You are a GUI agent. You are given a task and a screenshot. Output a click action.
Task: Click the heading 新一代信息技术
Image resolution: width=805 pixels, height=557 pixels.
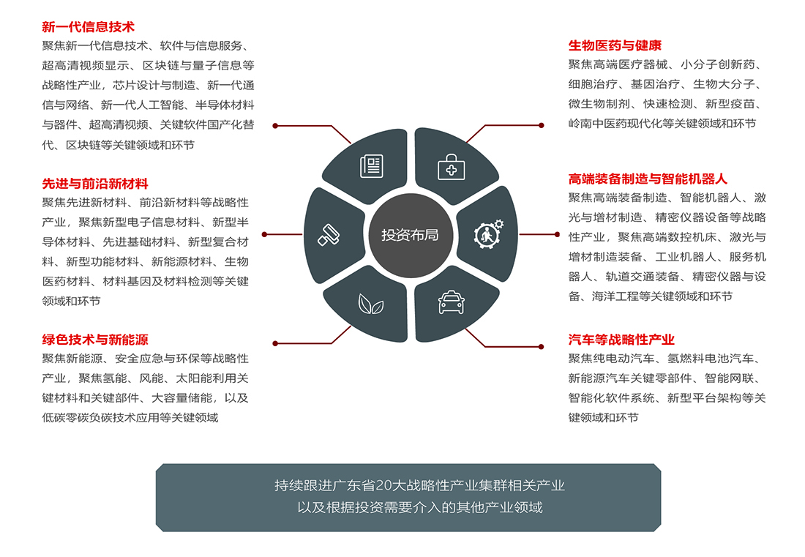click(x=89, y=26)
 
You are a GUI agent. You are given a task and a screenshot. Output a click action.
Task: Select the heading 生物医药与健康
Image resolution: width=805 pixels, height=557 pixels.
click(x=615, y=45)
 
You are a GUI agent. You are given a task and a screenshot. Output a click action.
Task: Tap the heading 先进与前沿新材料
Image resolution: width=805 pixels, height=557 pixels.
click(x=95, y=184)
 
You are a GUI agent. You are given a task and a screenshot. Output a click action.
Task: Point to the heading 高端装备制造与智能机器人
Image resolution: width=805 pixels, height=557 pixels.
click(x=648, y=179)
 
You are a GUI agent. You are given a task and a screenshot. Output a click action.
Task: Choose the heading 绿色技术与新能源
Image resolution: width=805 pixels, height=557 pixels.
click(x=95, y=340)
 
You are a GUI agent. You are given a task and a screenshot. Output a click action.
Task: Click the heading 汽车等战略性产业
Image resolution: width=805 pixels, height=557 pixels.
click(x=621, y=340)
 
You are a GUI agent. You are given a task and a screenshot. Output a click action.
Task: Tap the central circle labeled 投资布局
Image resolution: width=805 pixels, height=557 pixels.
click(x=411, y=235)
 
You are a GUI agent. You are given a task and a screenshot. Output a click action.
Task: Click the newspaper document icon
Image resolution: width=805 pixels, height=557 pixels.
click(x=372, y=166)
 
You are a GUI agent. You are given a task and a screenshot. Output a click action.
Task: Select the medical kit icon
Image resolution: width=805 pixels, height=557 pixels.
click(x=452, y=168)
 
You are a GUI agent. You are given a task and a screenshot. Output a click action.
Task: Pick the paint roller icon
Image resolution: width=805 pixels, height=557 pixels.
click(x=329, y=235)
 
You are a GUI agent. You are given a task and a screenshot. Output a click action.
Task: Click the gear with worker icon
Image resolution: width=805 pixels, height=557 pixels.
click(x=488, y=234)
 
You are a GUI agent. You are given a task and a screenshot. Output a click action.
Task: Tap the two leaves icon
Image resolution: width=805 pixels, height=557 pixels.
click(x=371, y=304)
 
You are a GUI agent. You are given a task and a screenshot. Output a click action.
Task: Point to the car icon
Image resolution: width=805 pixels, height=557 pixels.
click(x=452, y=302)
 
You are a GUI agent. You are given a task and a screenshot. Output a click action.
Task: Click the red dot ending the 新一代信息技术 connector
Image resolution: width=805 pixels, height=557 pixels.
click(x=275, y=126)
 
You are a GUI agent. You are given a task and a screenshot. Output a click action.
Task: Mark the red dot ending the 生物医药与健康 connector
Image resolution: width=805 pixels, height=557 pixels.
click(x=541, y=125)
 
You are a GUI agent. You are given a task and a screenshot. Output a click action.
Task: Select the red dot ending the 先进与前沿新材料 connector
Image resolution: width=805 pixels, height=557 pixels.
click(x=264, y=235)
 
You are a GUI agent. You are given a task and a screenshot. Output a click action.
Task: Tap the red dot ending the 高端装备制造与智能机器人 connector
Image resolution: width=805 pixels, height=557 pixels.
click(x=557, y=235)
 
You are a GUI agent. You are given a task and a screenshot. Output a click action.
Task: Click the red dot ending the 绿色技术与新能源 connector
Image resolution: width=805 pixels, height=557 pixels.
click(x=275, y=343)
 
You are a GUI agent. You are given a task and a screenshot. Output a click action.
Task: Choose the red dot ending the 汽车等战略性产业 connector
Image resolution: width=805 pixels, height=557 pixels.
click(x=541, y=347)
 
